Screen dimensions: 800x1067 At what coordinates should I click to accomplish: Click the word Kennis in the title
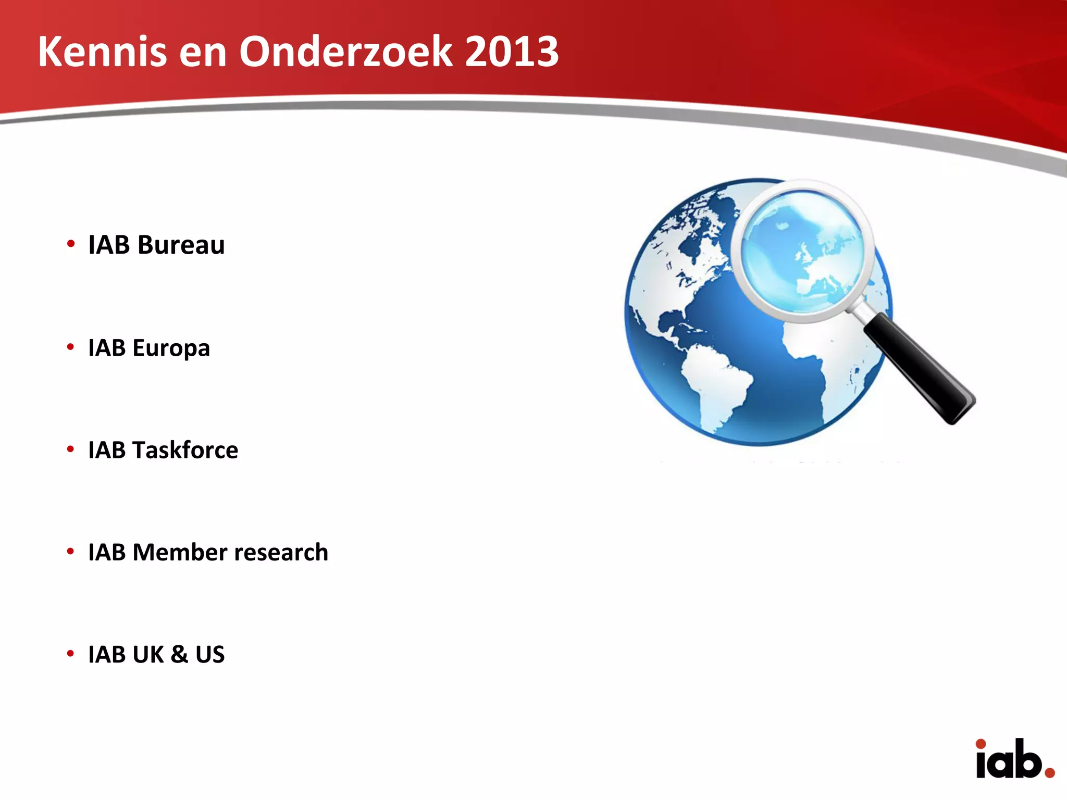[102, 52]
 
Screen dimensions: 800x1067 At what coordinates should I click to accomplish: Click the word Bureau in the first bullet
[181, 245]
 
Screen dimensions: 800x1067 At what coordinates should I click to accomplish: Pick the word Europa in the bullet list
[171, 348]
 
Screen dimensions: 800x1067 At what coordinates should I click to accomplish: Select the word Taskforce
[185, 450]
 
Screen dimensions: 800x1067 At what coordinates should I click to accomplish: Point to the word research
[281, 552]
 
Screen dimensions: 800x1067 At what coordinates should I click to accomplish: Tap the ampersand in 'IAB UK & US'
[179, 654]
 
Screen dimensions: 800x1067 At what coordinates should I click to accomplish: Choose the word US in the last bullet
[210, 654]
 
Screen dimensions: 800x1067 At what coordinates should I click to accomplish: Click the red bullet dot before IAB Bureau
[71, 244]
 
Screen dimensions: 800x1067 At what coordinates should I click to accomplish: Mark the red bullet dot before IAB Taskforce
[71, 449]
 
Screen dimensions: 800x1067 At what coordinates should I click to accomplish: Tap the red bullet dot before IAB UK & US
[71, 653]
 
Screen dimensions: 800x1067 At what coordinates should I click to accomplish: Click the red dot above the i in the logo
[981, 744]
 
